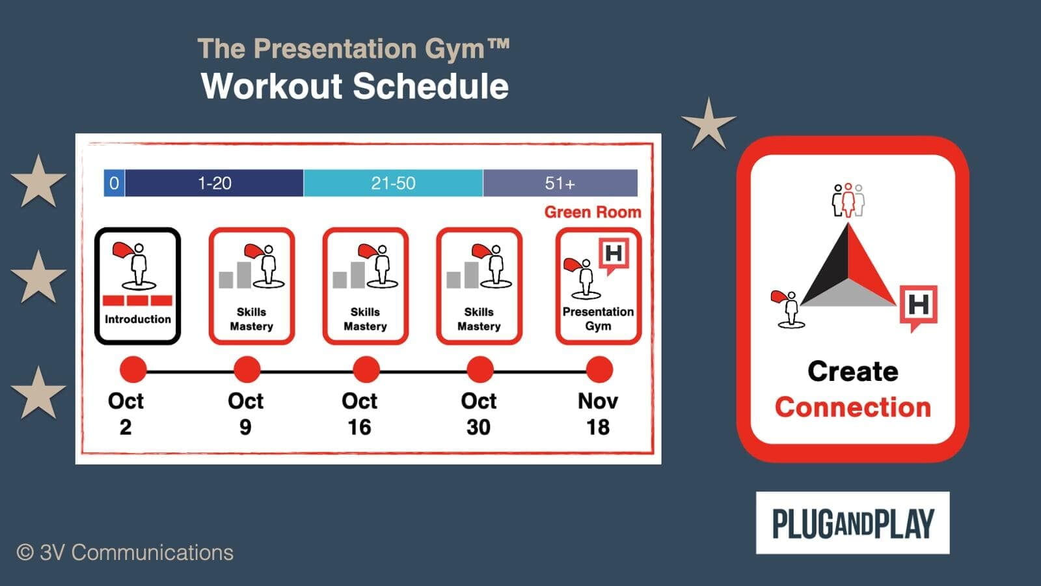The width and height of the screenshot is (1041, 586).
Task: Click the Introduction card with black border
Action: (137, 286)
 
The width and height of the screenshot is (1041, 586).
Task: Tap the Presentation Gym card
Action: (598, 286)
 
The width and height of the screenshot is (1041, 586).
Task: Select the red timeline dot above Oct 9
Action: (247, 370)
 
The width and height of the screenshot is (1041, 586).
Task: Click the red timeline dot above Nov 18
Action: (599, 370)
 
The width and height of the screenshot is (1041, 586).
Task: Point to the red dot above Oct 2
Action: (133, 370)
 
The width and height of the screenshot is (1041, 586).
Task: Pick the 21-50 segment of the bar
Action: (393, 183)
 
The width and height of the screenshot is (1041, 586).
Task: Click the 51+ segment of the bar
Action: (560, 183)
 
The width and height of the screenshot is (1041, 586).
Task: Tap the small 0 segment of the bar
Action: (114, 183)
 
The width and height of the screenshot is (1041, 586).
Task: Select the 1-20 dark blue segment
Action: (214, 183)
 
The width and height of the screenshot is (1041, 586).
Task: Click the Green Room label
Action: (593, 212)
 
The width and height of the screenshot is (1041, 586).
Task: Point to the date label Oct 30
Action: (479, 414)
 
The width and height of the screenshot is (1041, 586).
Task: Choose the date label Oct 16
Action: (359, 414)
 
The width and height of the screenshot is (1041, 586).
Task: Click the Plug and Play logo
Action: (853, 523)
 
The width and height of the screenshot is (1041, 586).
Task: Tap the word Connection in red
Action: (853, 408)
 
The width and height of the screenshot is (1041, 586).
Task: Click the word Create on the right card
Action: (853, 371)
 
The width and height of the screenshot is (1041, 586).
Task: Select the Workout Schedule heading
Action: (355, 86)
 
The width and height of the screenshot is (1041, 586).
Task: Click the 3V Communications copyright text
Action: (124, 553)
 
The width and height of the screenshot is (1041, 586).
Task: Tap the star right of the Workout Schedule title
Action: (709, 124)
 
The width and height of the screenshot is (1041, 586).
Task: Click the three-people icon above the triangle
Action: (848, 201)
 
